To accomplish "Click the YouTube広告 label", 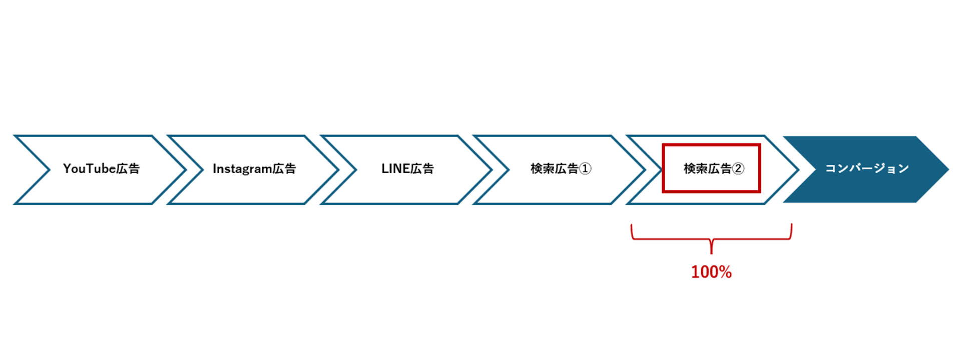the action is (102, 169).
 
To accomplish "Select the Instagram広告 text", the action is (254, 169).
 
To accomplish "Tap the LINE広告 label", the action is (407, 169).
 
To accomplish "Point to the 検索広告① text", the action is (561, 169).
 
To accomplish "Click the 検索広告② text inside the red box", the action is (714, 169).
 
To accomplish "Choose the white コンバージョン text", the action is (867, 169).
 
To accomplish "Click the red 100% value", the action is (711, 272).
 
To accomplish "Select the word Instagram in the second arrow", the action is (242, 169).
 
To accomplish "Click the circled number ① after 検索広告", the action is (585, 169).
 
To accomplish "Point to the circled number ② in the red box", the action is (738, 169).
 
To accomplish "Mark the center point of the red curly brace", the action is (711, 239).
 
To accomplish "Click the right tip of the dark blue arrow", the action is (948, 169).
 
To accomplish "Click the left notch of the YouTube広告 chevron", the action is (50, 170).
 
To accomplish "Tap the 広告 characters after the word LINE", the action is (422, 169).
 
